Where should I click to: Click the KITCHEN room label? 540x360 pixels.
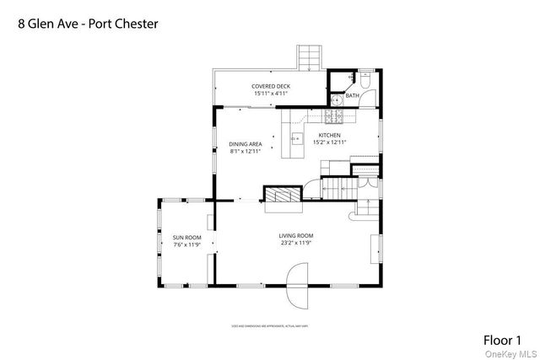[330, 135]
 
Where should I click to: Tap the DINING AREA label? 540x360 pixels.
[246, 144]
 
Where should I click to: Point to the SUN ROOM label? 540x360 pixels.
[186, 238]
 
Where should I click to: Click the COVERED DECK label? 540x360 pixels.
[270, 86]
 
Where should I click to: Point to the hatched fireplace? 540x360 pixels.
[282, 194]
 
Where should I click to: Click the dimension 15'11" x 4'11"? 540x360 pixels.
[270, 94]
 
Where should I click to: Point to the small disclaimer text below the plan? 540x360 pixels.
[270, 324]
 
